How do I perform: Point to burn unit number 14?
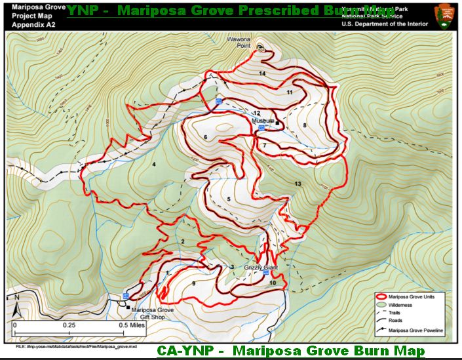pyautogui.click(x=262, y=73)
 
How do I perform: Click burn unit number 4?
pyautogui.click(x=154, y=164)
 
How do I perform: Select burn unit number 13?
pyautogui.click(x=298, y=184)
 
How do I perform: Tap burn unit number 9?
pyautogui.click(x=194, y=283)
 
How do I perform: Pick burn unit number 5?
pyautogui.click(x=229, y=199)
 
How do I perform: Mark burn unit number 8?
pyautogui.click(x=305, y=125)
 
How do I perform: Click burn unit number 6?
pyautogui.click(x=205, y=136)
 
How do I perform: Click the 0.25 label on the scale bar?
pyautogui.click(x=69, y=325)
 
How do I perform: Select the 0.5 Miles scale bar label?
pyautogui.click(x=132, y=325)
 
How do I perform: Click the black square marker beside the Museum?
pyautogui.click(x=277, y=123)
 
